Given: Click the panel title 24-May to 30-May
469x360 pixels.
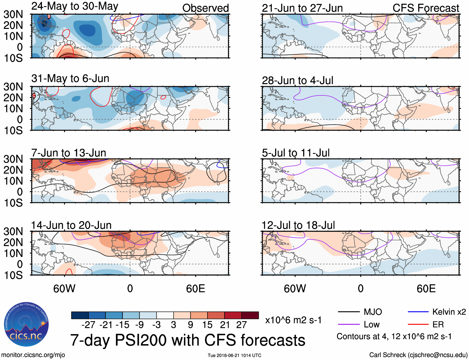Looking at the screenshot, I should point(75,6).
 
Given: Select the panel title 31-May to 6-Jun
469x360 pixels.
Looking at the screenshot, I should point(70,78).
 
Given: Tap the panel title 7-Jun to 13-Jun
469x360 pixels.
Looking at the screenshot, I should point(69,153).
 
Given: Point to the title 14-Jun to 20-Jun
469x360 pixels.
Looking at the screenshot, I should point(71,225).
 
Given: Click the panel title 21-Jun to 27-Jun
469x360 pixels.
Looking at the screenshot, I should point(302,8).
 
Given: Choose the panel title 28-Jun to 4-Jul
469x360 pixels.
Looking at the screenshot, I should point(298,81).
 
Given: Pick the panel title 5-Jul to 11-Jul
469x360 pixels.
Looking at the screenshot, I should point(296,153).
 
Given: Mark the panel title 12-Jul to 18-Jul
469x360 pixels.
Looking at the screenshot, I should point(298,225).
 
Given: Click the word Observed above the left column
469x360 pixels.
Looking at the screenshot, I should point(205,8).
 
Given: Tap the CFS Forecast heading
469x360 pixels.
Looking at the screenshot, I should point(426,8).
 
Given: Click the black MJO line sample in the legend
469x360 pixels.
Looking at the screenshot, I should point(348,312).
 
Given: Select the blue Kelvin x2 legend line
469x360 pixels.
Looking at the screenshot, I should point(418,312).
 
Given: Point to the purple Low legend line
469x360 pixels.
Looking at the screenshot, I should point(348,325).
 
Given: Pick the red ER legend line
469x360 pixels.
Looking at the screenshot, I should point(418,325).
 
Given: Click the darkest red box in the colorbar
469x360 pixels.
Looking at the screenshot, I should point(250,315).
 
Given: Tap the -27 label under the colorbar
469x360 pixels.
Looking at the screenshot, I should point(88,325).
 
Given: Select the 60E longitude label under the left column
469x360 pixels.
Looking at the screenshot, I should point(195,288).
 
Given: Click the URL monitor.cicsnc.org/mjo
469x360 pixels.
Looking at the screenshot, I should point(33,355).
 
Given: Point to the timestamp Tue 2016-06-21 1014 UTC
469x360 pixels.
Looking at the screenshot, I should point(234,355).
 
